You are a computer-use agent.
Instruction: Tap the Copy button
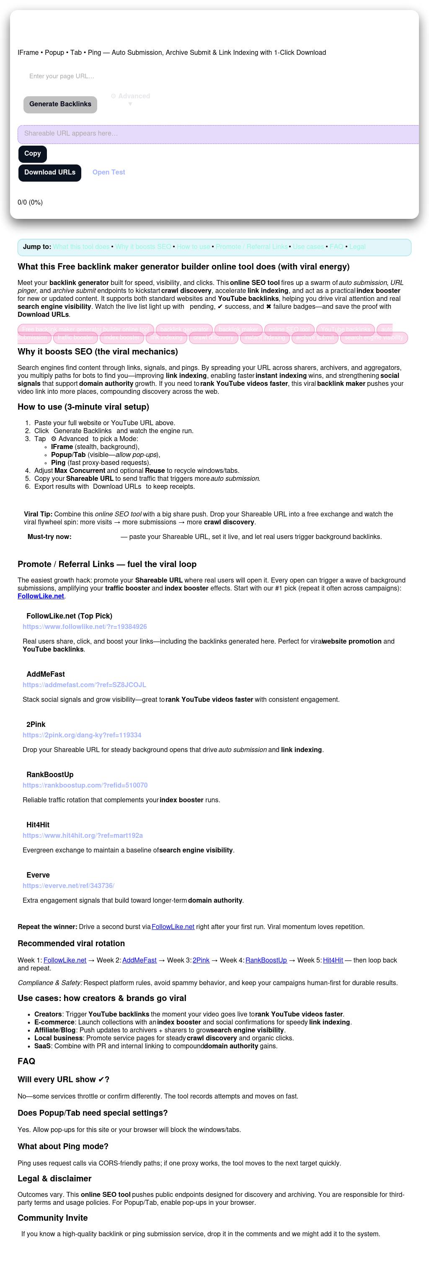(32, 154)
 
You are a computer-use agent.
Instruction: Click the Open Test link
(109, 172)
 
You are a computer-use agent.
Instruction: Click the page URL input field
(147, 77)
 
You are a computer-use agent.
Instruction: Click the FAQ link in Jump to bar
(336, 247)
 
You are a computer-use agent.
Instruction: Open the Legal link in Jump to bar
(357, 247)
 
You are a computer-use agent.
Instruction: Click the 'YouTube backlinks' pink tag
(346, 329)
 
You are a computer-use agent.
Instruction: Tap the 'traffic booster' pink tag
(75, 338)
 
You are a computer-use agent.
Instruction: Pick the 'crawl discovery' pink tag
(214, 338)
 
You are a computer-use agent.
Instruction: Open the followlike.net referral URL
(85, 627)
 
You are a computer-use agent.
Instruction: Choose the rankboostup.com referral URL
(85, 786)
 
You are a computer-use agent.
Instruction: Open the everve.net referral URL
(68, 886)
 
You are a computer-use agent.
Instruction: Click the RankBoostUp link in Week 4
(266, 960)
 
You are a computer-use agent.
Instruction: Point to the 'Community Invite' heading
(52, 1218)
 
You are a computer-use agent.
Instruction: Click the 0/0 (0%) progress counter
(30, 203)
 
